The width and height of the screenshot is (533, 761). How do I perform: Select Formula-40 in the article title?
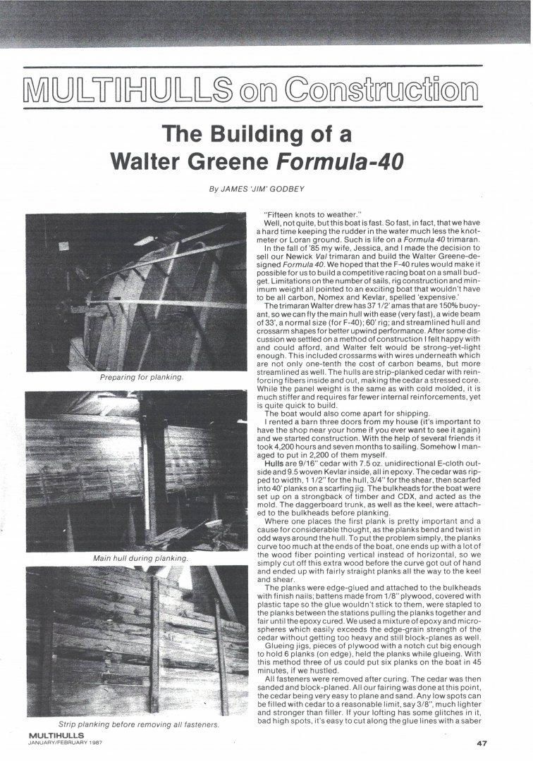coord(341,161)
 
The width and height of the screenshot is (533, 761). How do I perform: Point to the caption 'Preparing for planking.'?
coord(142,378)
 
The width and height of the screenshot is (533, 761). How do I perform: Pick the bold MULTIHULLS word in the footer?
coord(55,736)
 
